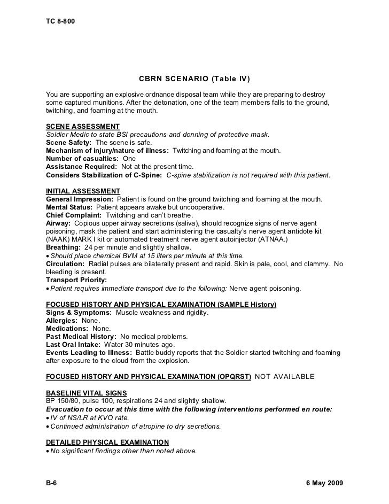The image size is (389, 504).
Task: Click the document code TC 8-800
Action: (x=60, y=21)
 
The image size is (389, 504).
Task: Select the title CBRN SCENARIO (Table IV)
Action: (x=194, y=79)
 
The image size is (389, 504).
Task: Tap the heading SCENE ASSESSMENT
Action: (x=83, y=126)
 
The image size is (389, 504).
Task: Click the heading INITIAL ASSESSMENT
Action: (x=83, y=191)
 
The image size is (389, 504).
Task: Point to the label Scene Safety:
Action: (x=69, y=143)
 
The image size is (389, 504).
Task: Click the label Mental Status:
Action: (x=69, y=207)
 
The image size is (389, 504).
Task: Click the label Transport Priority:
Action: (x=76, y=280)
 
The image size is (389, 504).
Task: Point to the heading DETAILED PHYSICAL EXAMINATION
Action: (x=107, y=442)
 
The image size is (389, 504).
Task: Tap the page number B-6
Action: (x=52, y=483)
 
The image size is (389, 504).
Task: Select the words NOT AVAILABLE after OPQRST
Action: (x=285, y=377)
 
